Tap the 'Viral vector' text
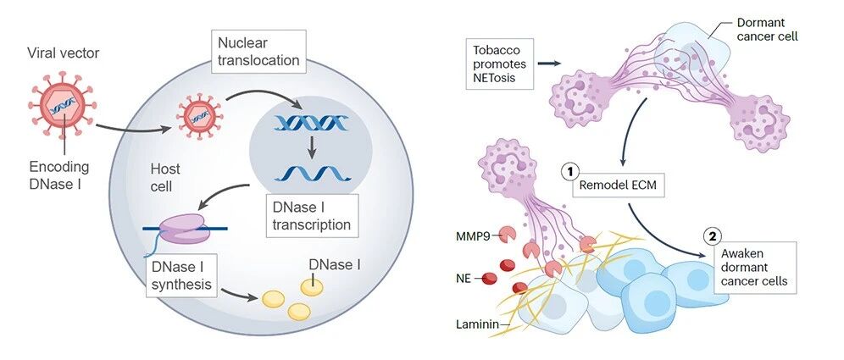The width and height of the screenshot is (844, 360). pyautogui.click(x=64, y=53)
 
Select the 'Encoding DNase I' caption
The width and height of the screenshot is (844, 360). pyautogui.click(x=59, y=175)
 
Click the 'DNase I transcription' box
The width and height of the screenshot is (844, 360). pyautogui.click(x=312, y=216)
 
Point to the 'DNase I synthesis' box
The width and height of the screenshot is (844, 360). pyautogui.click(x=181, y=275)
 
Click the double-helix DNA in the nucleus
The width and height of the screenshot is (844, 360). pyautogui.click(x=309, y=124)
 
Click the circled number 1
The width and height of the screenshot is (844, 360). pyautogui.click(x=569, y=170)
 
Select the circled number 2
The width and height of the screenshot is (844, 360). pyautogui.click(x=712, y=235)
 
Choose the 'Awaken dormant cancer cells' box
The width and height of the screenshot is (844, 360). pyautogui.click(x=755, y=268)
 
